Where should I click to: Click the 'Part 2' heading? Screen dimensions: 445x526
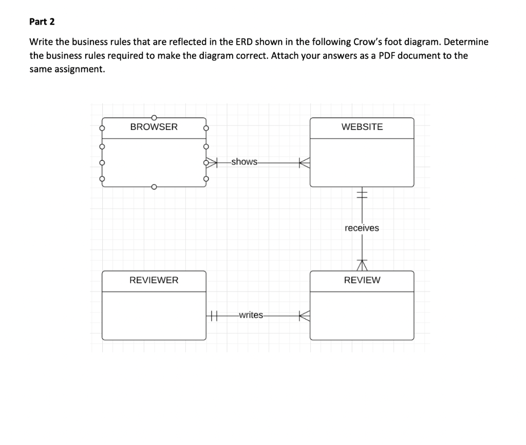pyautogui.click(x=42, y=22)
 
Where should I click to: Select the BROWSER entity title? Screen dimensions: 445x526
pyautogui.click(x=154, y=127)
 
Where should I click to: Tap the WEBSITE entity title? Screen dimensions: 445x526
pyautogui.click(x=362, y=127)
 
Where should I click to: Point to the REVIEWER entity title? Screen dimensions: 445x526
pyautogui.click(x=154, y=280)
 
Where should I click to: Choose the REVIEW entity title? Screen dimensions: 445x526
pyautogui.click(x=362, y=280)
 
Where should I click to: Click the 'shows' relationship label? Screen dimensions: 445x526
pyautogui.click(x=244, y=162)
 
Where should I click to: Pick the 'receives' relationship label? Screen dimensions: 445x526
pyautogui.click(x=362, y=228)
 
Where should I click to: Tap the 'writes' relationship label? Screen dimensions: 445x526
pyautogui.click(x=251, y=315)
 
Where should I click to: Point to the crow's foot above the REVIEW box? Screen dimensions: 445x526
pyautogui.click(x=363, y=265)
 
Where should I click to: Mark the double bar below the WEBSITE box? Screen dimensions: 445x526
pyautogui.click(x=362, y=194)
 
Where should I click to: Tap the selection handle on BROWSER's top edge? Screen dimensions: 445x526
pyautogui.click(x=154, y=117)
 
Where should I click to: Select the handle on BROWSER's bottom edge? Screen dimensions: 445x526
pyautogui.click(x=154, y=187)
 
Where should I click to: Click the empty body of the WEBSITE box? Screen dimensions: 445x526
pyautogui.click(x=362, y=162)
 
